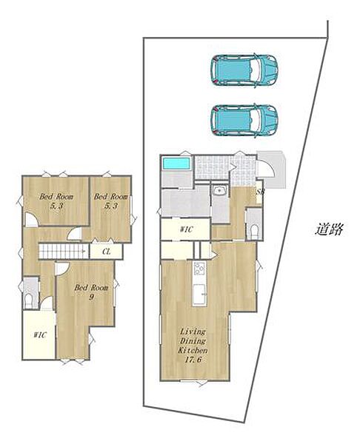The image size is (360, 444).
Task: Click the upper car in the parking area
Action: pos(244,70)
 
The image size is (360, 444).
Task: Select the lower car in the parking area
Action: pos(244,120)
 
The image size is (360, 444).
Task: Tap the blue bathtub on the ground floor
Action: pos(176,164)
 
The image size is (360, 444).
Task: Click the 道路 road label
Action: pos(329,229)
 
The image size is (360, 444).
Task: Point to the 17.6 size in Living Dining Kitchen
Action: pos(193,360)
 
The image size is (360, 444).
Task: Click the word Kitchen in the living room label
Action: pos(193,350)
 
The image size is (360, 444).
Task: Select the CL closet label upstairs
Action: pos(107,252)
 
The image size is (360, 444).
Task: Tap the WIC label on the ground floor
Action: pos(187,229)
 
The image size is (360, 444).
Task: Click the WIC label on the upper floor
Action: pos(40,335)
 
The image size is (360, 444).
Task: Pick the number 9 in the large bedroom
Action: pos(91,297)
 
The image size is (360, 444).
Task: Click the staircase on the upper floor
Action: pos(64,251)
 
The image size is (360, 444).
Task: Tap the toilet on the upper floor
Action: pos(29,301)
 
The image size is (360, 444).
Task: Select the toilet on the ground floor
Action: pos(254,232)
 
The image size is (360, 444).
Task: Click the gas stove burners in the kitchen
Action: pos(199,269)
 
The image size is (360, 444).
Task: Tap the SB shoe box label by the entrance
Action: pos(260,192)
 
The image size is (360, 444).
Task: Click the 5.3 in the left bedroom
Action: pos(56,206)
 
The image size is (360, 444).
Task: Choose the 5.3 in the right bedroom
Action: pos(111,206)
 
